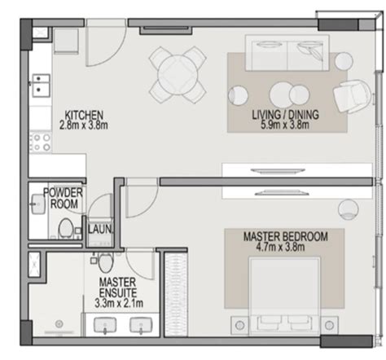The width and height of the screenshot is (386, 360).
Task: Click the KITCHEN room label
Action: point(84,115)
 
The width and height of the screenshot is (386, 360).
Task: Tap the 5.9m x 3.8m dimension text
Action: point(285,125)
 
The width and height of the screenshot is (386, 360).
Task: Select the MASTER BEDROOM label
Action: point(286,236)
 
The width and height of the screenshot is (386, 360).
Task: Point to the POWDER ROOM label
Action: point(64,198)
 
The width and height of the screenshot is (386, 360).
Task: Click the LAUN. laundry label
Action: point(99,230)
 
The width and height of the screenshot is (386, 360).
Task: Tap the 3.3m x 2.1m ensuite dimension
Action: point(119,303)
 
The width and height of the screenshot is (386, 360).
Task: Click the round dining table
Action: point(178,75)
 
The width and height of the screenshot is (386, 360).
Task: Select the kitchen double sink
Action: point(41,86)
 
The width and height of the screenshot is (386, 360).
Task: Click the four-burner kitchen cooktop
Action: point(41,143)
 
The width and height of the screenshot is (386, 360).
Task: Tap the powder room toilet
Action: point(65,227)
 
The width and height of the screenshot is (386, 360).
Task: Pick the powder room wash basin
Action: point(37,204)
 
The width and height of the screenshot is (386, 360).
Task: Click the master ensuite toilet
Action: point(105,262)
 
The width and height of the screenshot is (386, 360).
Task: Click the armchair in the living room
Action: point(352,96)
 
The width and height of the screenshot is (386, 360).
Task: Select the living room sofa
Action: point(287,53)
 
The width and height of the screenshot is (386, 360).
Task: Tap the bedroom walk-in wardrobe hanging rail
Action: point(176,295)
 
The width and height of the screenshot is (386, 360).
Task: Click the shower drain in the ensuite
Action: point(59,324)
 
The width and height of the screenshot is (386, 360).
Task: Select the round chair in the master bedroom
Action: point(349,209)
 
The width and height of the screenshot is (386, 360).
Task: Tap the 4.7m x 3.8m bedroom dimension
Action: point(280,247)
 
